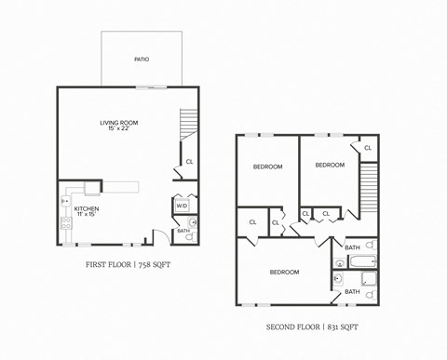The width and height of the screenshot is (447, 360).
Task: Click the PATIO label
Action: [142, 60]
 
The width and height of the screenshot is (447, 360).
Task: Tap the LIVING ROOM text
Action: [119, 122]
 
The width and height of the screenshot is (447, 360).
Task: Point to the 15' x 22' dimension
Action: [119, 128]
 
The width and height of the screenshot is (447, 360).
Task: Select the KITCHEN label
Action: [87, 209]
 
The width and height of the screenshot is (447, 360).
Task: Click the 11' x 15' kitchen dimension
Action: [87, 215]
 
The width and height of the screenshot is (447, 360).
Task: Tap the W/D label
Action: [182, 206]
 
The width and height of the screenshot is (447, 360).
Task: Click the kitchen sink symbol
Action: [65, 200]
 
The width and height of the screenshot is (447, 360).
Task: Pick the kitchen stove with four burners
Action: [66, 223]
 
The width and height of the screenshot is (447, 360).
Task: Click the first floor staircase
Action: [188, 122]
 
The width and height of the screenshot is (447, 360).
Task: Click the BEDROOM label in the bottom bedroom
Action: [284, 273]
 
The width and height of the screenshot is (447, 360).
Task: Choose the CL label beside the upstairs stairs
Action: [368, 148]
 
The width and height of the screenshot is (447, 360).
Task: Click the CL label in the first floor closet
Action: [189, 162]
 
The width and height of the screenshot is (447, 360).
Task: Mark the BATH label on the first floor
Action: [183, 230]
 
